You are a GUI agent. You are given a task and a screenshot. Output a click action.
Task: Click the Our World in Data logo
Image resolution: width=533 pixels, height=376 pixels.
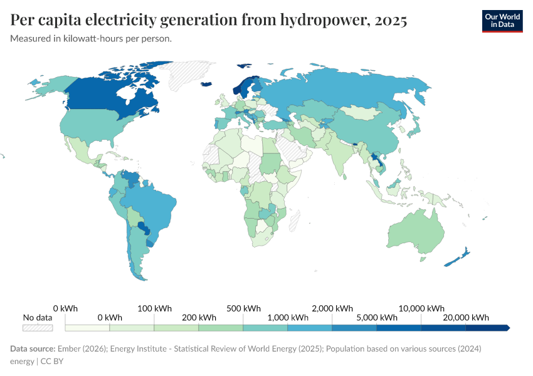pyautogui.click(x=502, y=21)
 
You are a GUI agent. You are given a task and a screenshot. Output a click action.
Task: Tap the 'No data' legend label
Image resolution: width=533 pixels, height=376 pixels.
pyautogui.click(x=38, y=317)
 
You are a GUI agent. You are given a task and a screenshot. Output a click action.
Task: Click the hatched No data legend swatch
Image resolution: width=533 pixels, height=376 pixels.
pyautogui.click(x=38, y=328)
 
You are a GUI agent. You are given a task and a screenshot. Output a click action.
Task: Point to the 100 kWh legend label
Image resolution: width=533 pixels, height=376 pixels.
pyautogui.click(x=154, y=308)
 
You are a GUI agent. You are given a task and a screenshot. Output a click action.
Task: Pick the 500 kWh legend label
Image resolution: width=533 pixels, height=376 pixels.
pyautogui.click(x=243, y=308)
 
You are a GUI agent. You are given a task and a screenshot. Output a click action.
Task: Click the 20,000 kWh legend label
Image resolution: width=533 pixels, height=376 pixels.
pyautogui.click(x=466, y=317)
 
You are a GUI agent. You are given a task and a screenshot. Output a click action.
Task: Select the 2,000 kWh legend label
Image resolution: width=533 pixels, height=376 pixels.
pyautogui.click(x=332, y=308)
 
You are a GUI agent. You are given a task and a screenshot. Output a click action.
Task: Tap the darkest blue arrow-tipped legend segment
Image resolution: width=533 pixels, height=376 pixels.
pyautogui.click(x=488, y=328)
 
